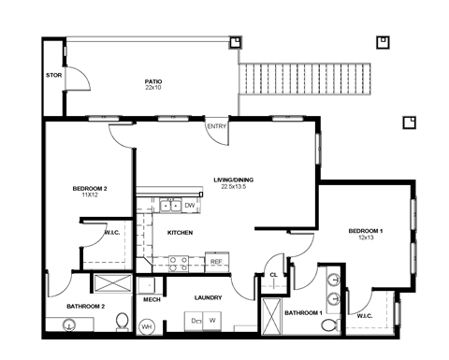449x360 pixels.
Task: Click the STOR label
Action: point(53,75)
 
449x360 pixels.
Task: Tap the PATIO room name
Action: point(153,81)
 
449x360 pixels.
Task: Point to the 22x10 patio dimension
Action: point(153,88)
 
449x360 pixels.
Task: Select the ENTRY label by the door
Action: point(216,126)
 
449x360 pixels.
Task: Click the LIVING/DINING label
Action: point(233,180)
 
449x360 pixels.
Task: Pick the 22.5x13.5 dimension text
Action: point(233,187)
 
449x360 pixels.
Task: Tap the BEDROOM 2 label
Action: point(91,189)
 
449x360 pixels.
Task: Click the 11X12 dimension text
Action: point(91,196)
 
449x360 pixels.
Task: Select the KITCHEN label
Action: point(180,232)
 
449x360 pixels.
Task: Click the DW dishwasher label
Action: point(189,205)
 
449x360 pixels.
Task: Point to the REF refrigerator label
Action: point(215,262)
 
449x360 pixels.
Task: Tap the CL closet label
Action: point(273,274)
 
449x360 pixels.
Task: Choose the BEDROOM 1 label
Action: point(366,230)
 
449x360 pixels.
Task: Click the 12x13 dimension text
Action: point(366,238)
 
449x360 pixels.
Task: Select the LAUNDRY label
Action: point(208,298)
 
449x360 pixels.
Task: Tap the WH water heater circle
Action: point(147,326)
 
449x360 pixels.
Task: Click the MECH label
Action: point(152,299)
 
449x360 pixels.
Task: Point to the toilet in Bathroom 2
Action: point(121,323)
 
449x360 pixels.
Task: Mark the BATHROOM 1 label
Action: point(303,312)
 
